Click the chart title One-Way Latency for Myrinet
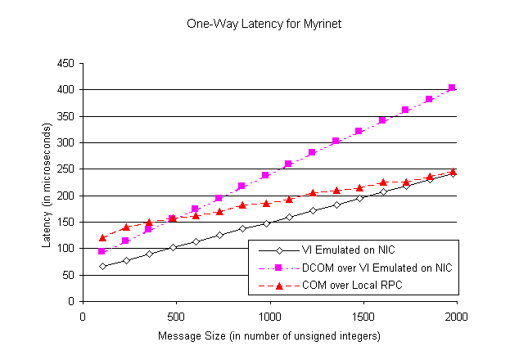tap(264, 25)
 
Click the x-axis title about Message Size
tap(269, 335)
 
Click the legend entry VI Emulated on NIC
tap(350, 249)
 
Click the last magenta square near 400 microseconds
tap(452, 88)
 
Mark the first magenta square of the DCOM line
tap(102, 251)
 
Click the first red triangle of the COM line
tap(102, 237)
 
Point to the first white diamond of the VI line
tap(102, 266)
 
